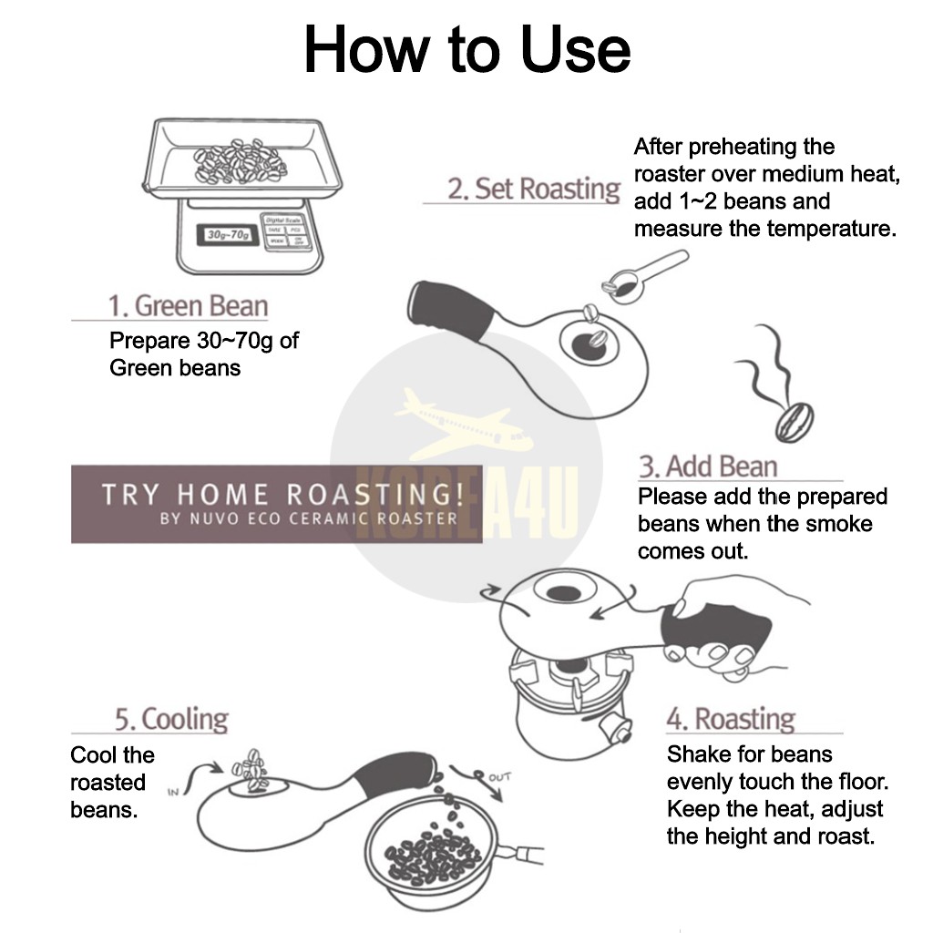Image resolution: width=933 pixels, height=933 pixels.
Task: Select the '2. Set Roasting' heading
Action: click(x=533, y=189)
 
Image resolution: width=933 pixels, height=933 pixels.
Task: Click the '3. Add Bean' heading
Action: click(x=707, y=466)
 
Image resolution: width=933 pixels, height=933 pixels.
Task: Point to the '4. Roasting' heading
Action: click(x=731, y=718)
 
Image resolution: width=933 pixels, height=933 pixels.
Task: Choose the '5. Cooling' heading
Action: click(x=171, y=719)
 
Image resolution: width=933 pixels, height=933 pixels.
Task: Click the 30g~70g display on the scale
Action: click(x=228, y=234)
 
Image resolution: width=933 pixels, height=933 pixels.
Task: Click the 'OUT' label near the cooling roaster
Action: click(x=499, y=777)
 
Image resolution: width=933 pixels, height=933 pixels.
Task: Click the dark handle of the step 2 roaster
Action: click(x=451, y=310)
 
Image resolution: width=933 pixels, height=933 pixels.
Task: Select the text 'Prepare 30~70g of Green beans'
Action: click(x=203, y=354)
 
